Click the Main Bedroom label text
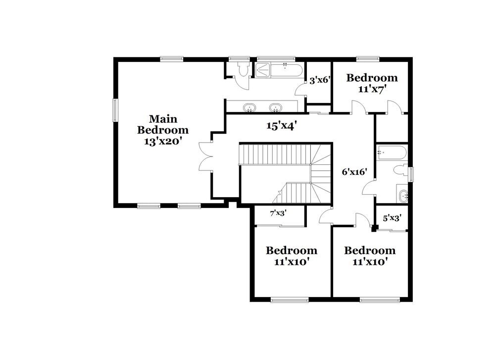click(x=163, y=124)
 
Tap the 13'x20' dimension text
click(x=163, y=141)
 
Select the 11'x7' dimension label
click(x=372, y=89)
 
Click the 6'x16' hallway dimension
click(x=354, y=172)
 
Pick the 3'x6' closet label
click(x=319, y=79)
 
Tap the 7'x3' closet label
click(x=278, y=213)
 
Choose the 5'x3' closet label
click(x=392, y=217)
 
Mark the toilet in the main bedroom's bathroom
click(x=242, y=70)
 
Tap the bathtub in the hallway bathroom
click(x=391, y=153)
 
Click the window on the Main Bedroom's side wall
click(x=115, y=109)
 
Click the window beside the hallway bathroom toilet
click(x=410, y=174)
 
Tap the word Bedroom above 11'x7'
click(x=372, y=78)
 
